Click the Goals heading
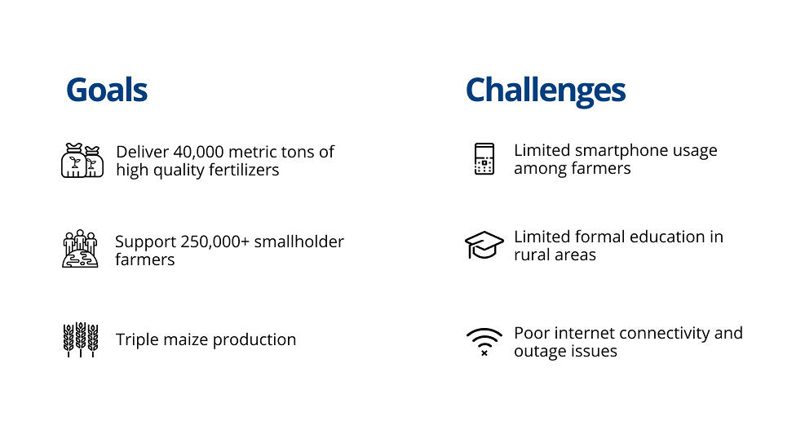coord(107,90)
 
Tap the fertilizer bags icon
coord(82,160)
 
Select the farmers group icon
coord(80,249)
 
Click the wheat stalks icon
coord(81,339)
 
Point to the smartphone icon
coord(484,159)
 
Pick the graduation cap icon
coord(484,245)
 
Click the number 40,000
coord(198,152)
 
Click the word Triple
coord(137,340)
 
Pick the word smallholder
coord(299,242)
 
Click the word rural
coord(530,255)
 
